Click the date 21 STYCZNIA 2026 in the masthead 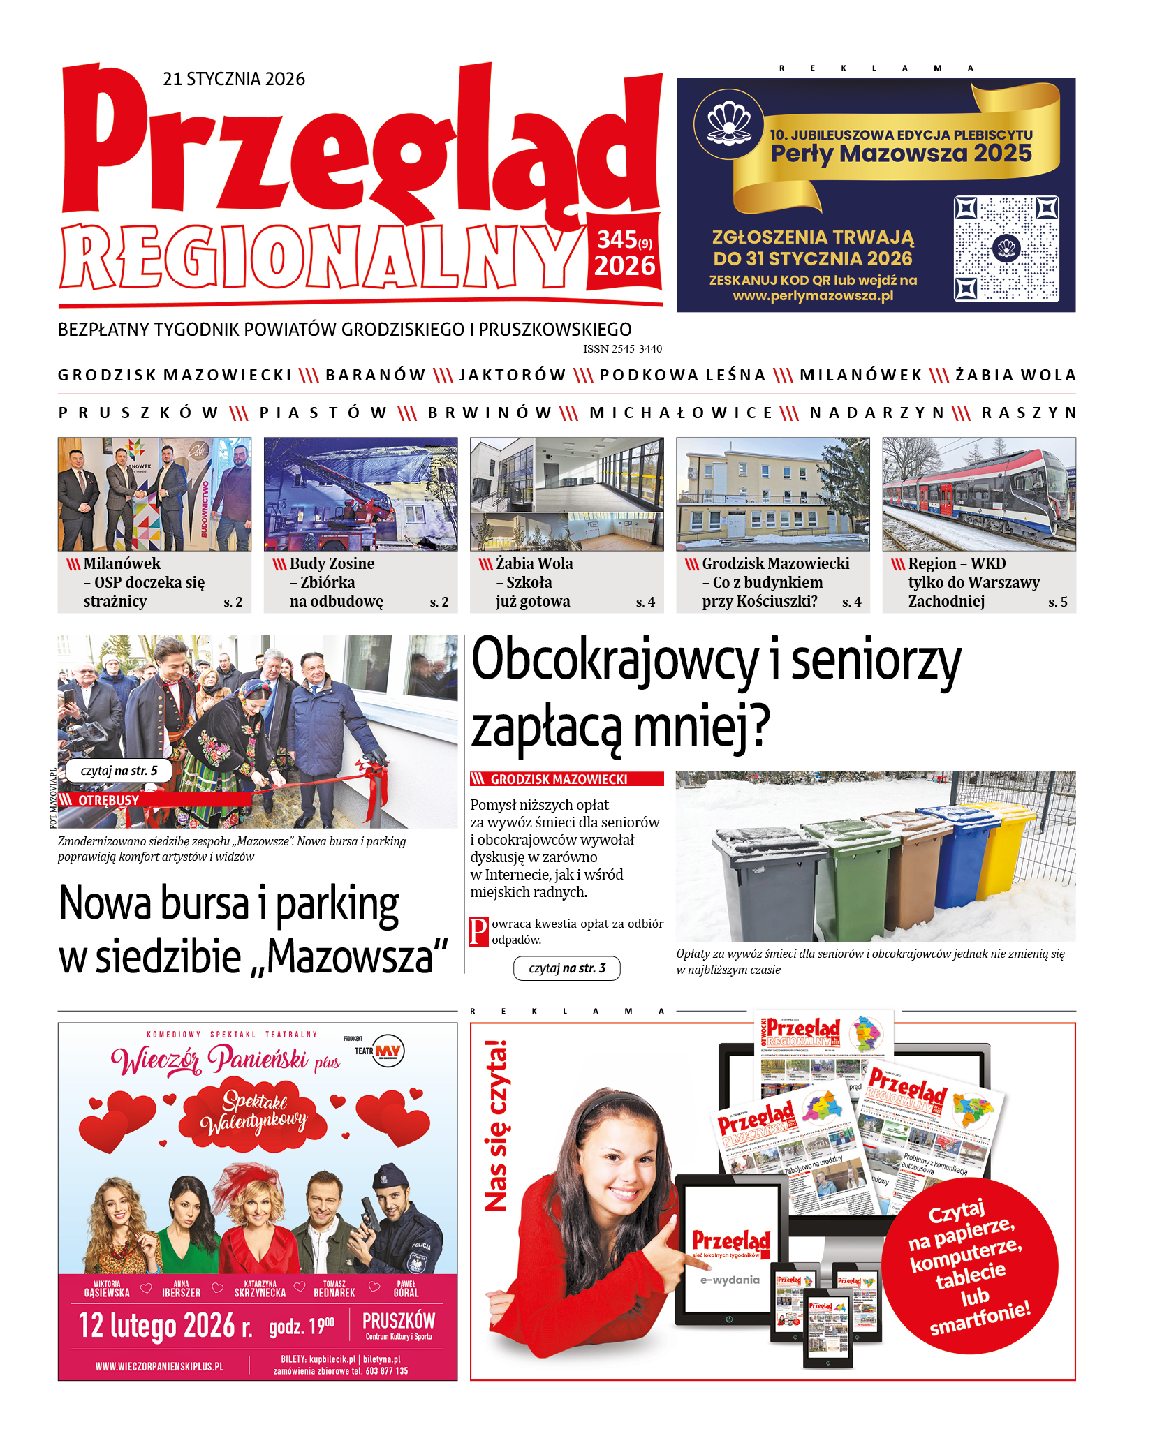tap(234, 79)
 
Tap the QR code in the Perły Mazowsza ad tap(1006, 249)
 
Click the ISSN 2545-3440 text tap(622, 349)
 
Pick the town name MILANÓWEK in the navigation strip tap(860, 376)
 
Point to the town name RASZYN tap(1029, 413)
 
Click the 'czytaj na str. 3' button tap(566, 968)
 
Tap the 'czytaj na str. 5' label tap(119, 771)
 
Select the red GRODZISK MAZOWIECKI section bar tap(566, 779)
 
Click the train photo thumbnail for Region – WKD tap(978, 494)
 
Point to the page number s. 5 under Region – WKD tap(1057, 602)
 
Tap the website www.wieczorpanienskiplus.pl tap(160, 1366)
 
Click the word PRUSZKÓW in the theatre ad tap(398, 1321)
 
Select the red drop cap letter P tap(478, 932)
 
